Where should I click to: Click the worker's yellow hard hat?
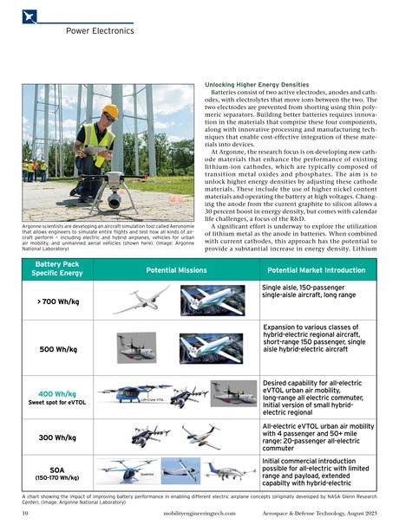[x=110, y=112]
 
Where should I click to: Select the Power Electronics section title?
[x=99, y=30]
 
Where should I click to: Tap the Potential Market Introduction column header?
[x=317, y=269]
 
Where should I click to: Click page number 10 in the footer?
[x=26, y=513]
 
